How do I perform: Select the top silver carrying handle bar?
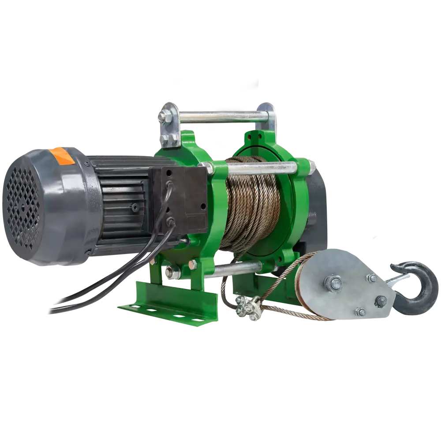(x=220, y=117)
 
